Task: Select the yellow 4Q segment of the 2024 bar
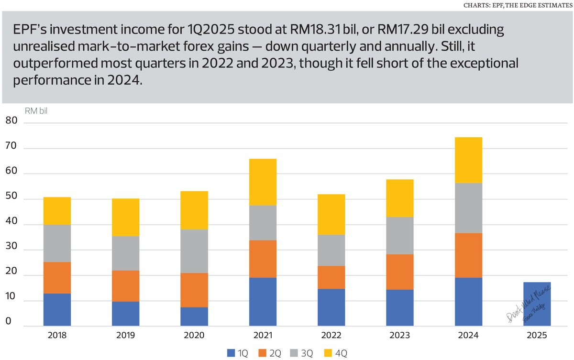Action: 468,160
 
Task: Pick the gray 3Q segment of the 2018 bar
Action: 57,243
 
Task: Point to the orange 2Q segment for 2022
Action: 331,277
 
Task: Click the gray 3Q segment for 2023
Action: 399,235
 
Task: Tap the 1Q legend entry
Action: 238,353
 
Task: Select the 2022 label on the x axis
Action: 331,336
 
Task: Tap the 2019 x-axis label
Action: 125,336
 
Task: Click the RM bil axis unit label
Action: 36,111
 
